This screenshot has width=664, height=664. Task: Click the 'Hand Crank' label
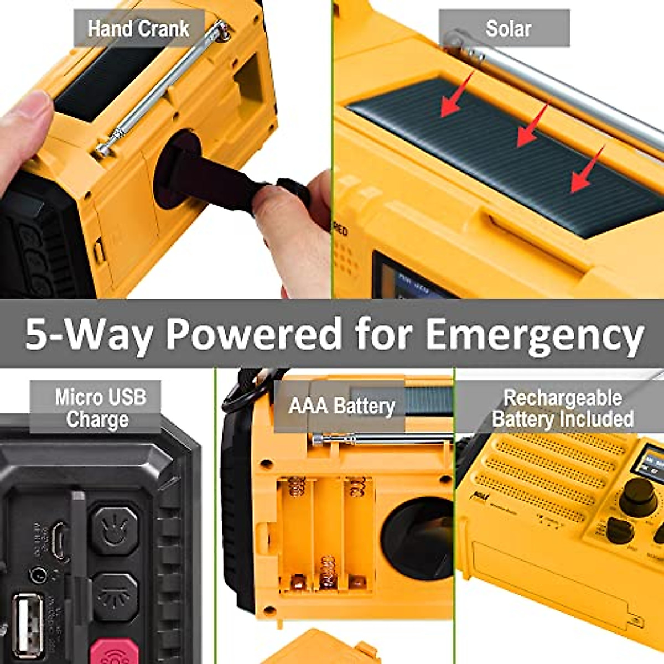(138, 29)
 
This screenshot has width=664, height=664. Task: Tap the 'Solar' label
(507, 29)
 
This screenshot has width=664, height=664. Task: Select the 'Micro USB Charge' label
(98, 408)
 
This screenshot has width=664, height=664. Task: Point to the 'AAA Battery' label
(341, 407)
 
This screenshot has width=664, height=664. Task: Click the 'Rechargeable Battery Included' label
(563, 408)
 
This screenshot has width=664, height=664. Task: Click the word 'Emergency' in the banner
(534, 334)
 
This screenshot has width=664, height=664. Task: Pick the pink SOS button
(115, 652)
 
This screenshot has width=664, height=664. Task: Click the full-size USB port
(28, 625)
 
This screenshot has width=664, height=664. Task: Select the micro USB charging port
(59, 539)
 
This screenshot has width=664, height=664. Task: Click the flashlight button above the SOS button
(115, 598)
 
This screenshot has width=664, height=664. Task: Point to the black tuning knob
(638, 496)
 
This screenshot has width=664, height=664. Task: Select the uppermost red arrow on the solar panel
(457, 96)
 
